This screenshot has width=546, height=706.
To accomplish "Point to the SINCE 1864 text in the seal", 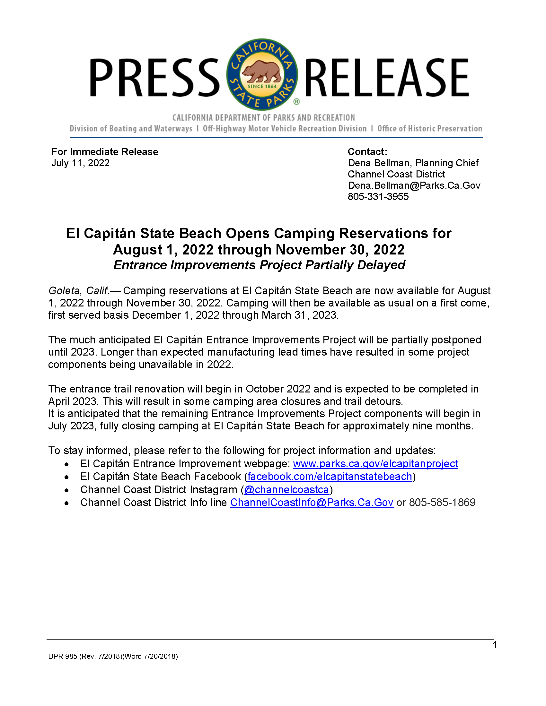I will pos(262,87).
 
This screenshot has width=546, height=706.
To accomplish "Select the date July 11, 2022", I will pos(81,163).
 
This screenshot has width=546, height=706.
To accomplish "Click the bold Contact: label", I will pos(367,151).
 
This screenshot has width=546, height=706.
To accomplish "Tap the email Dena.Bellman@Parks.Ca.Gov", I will pos(414,185).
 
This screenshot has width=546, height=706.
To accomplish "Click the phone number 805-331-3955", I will pos(378,196).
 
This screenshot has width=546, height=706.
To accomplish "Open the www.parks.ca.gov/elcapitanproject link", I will pos(375,464).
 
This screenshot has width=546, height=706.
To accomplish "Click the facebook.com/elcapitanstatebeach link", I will pos(330,477).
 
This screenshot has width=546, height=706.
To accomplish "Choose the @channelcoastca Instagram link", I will pos(286,490).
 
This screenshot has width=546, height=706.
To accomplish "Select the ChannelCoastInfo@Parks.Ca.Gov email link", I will pos(312,503).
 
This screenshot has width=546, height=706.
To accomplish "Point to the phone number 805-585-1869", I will pos(442,503).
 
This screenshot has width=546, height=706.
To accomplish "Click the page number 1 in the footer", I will pos(495,645).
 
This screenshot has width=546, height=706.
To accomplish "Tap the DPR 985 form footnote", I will pos(113,657).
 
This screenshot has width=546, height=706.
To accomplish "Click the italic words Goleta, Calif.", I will pos(79,291).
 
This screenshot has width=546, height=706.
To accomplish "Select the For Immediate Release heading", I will pos(105,151).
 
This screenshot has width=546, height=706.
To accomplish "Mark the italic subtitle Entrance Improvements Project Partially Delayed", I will pos(259,265).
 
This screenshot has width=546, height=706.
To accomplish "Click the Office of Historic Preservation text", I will pos(429,129).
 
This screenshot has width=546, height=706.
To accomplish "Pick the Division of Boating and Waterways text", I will pos(131,129).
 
